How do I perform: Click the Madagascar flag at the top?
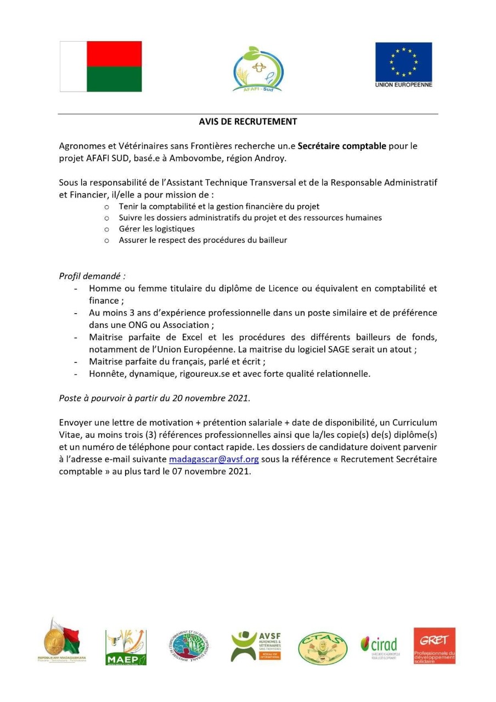pos(100,66)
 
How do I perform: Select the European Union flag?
pos(403,61)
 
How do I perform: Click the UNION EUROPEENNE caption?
pos(403,85)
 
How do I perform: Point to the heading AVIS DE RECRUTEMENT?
pos(248,122)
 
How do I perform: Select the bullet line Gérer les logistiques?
pos(156,229)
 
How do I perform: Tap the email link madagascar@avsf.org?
pos(213,459)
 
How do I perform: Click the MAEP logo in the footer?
pos(126,647)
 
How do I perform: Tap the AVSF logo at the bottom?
pos(256,646)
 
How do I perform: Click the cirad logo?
pos(380,647)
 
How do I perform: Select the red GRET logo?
pos(434,646)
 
